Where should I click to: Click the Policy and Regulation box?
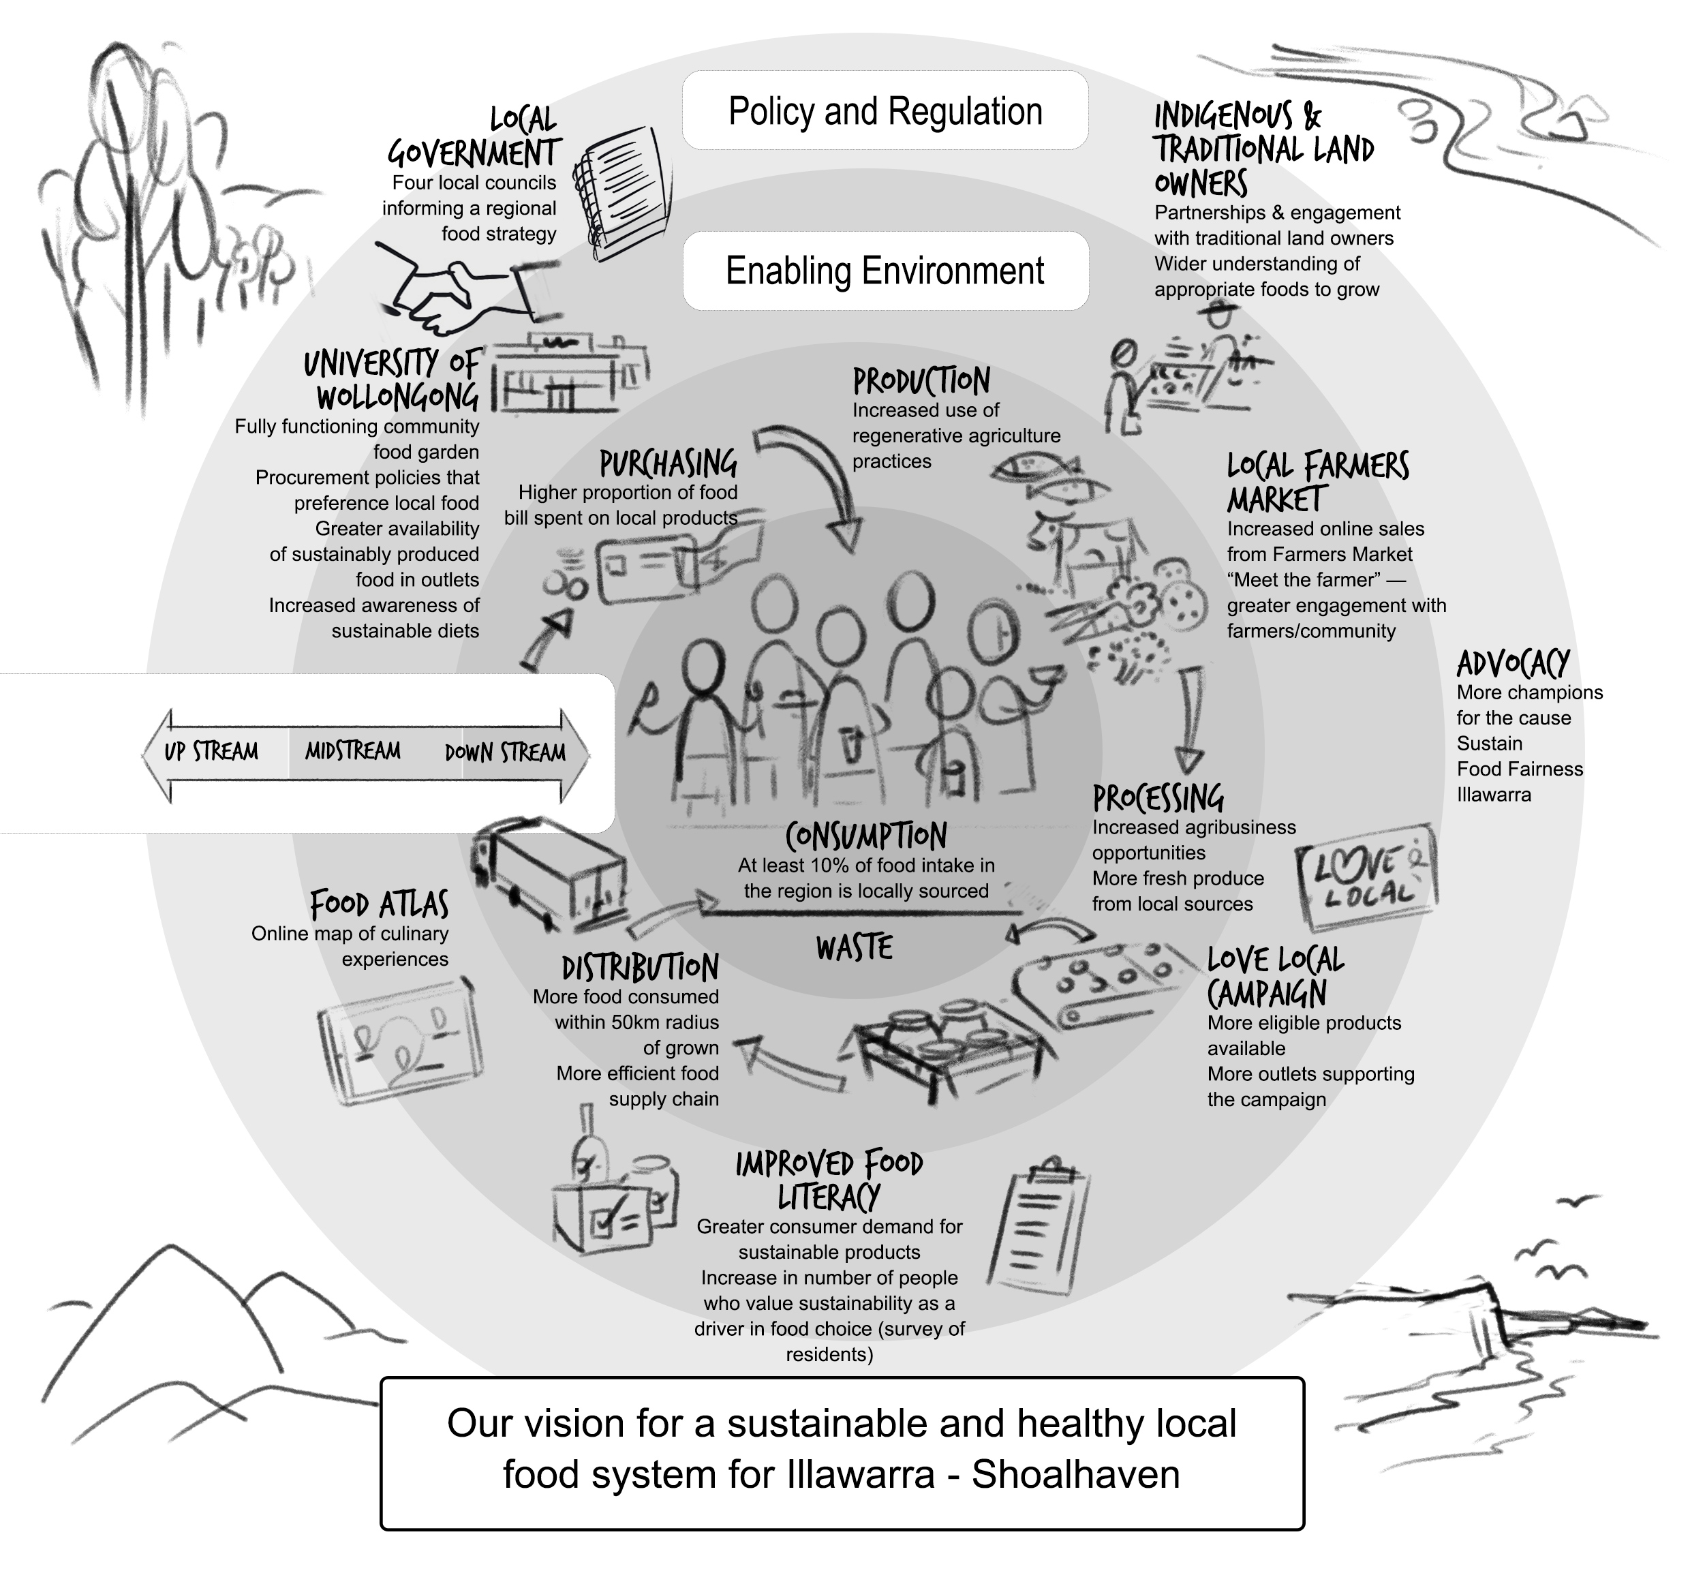point(885,110)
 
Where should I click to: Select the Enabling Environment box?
point(885,271)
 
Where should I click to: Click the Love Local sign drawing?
point(1367,876)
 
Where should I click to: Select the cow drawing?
point(1085,544)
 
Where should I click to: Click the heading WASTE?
point(855,947)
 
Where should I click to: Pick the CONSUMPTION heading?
point(865,836)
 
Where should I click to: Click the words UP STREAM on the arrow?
point(211,752)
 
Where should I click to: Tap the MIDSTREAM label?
point(353,751)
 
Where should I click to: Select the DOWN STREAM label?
point(505,752)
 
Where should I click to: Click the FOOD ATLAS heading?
point(378,904)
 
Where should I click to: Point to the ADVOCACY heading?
point(1514,663)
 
